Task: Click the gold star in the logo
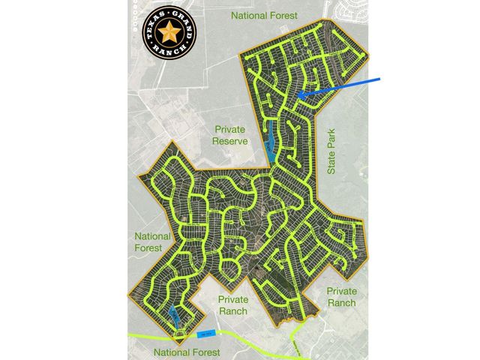click(169, 32)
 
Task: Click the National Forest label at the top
click(265, 14)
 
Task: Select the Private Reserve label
click(229, 136)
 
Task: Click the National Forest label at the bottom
click(187, 352)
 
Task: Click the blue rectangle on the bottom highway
click(207, 332)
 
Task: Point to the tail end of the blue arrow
click(382, 78)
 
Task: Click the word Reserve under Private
click(229, 142)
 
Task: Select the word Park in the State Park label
click(332, 139)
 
